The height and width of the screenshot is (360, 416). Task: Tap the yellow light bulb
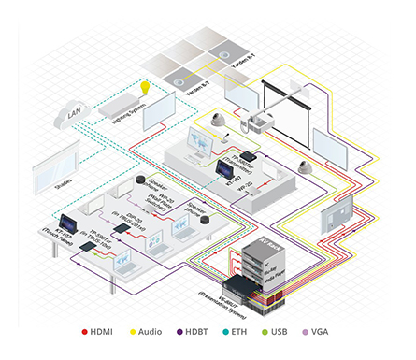pos(145,87)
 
